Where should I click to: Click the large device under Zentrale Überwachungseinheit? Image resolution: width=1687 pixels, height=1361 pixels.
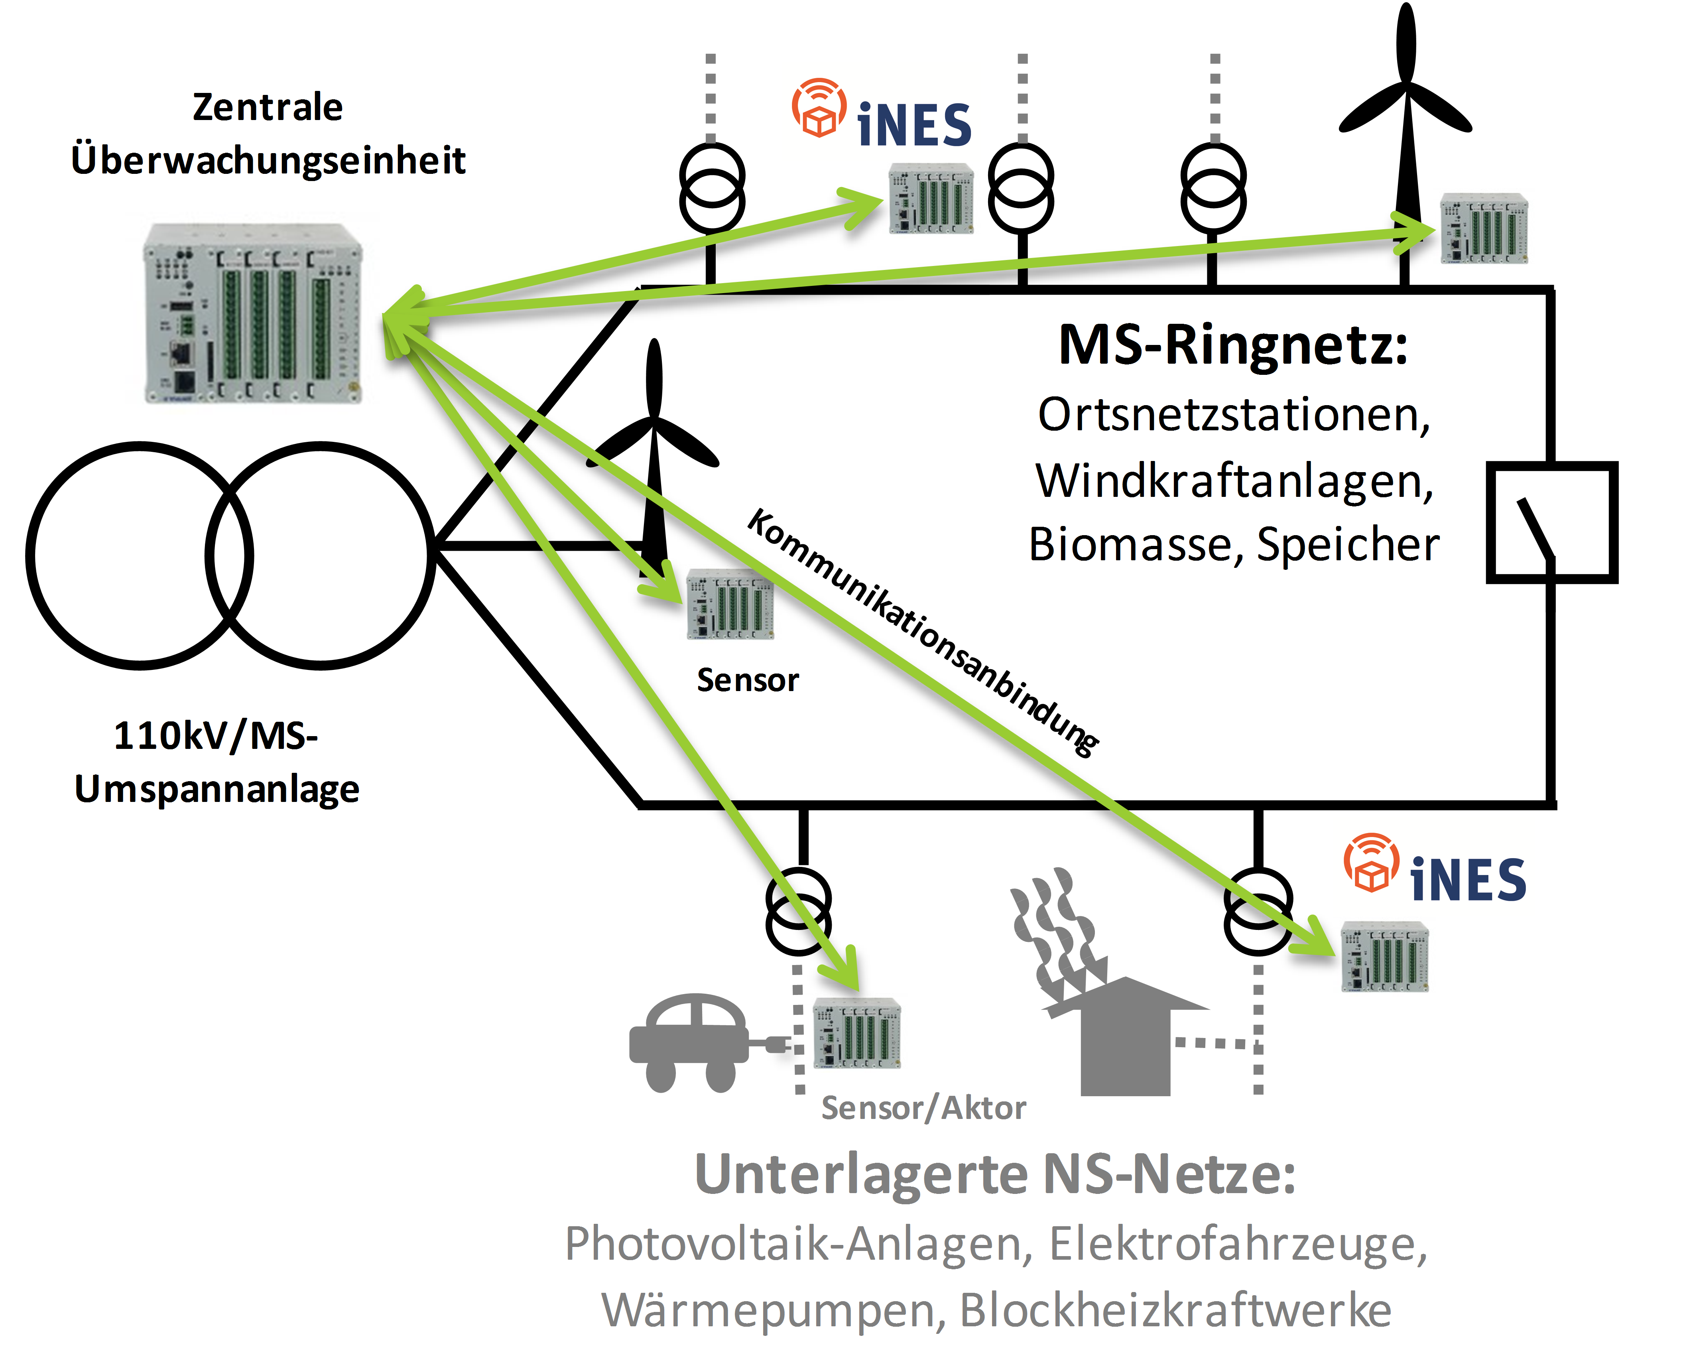[x=252, y=313]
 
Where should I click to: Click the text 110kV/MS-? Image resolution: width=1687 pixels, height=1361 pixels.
[x=216, y=735]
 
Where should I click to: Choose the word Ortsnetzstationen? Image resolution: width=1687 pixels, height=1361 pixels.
[x=1233, y=414]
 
